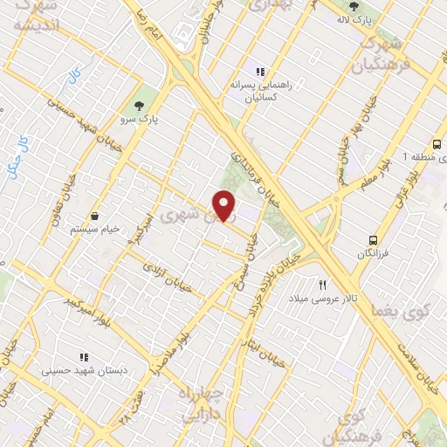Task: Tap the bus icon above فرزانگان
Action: (374, 238)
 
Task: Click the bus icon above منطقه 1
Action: (437, 144)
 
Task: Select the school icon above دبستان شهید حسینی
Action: (84, 357)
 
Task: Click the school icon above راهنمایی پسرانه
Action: (258, 72)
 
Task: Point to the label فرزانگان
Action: (375, 253)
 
